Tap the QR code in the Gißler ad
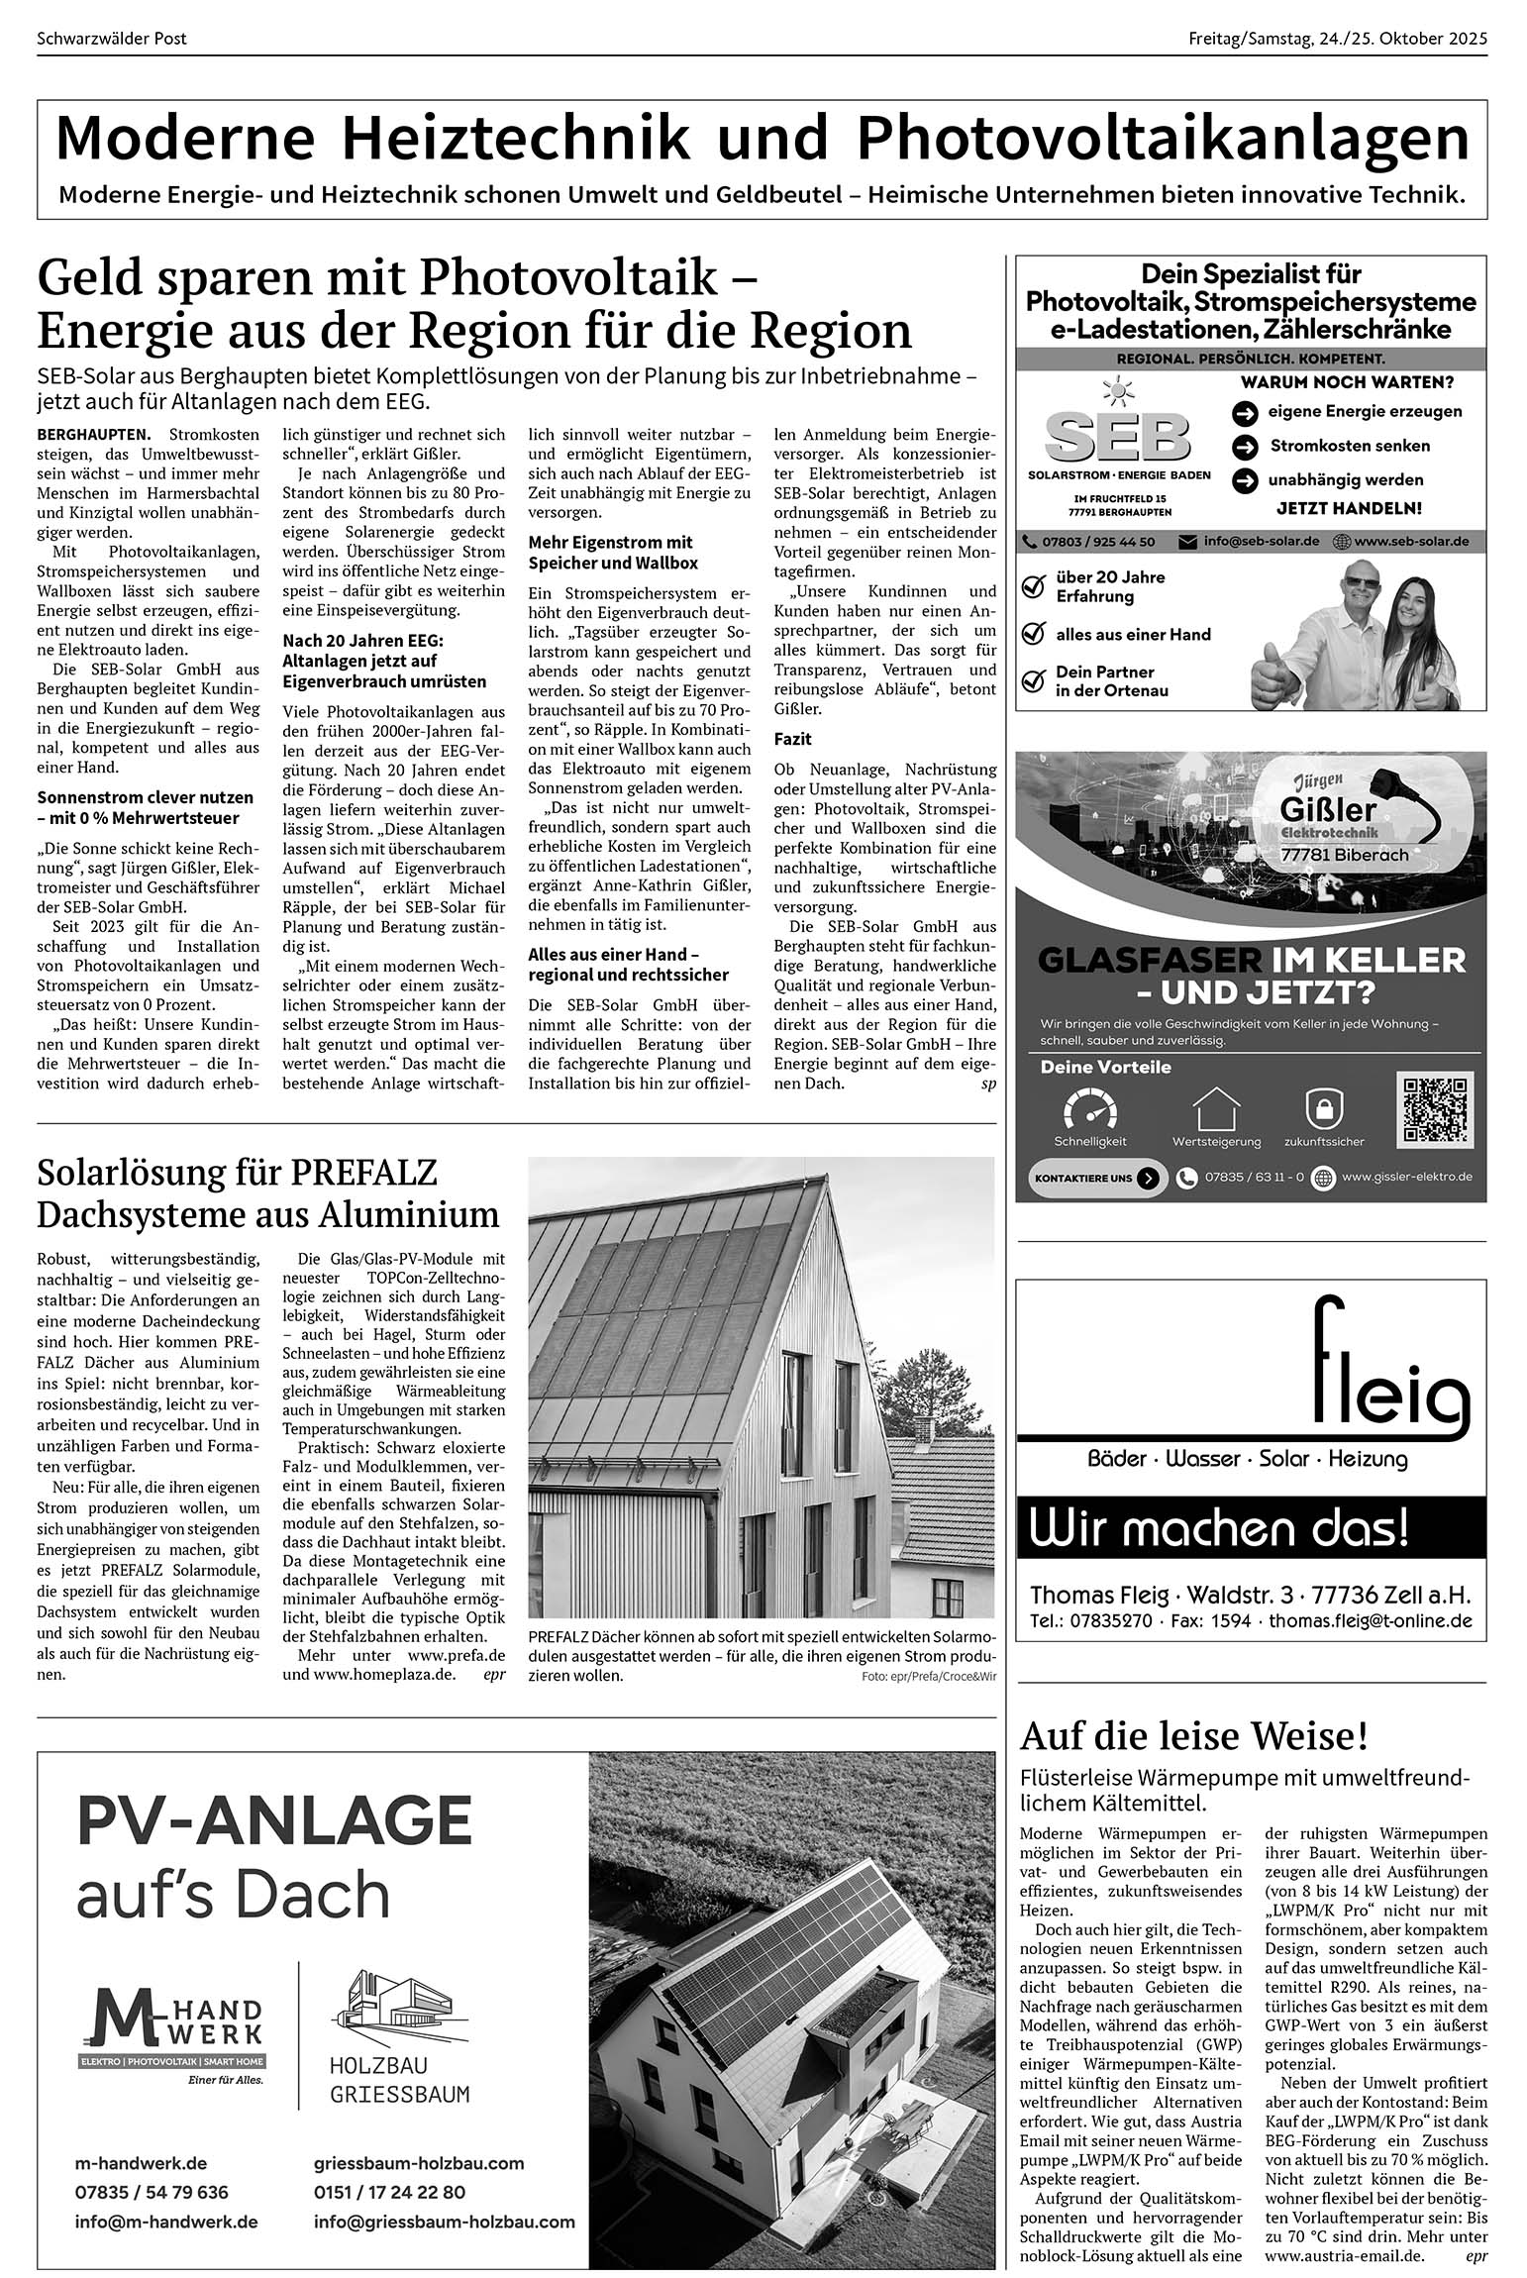(x=1434, y=1108)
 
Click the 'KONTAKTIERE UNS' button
(x=1096, y=1179)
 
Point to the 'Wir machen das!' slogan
(x=1218, y=1528)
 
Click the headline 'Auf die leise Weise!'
(x=1194, y=1736)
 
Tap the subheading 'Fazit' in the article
(x=792, y=739)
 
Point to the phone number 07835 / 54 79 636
(x=152, y=2192)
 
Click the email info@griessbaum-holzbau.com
(x=444, y=2222)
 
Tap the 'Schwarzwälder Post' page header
(x=112, y=39)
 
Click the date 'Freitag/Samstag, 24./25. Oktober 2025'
(x=1338, y=39)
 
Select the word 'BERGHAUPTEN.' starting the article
(x=94, y=434)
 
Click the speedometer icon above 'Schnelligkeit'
(x=1089, y=1109)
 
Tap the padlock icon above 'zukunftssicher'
(x=1323, y=1109)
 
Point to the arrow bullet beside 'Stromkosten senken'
(x=1245, y=447)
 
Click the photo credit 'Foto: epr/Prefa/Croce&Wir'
(x=928, y=1677)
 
